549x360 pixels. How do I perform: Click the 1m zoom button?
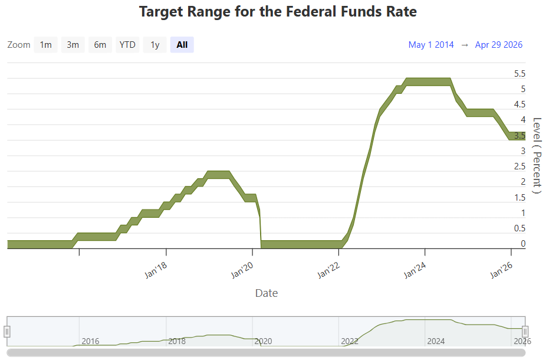click(x=45, y=45)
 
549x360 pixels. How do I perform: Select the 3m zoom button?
click(x=73, y=45)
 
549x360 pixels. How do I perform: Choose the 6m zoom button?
click(x=100, y=45)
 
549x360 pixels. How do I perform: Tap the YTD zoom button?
click(x=127, y=45)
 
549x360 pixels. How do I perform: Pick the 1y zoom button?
click(x=154, y=45)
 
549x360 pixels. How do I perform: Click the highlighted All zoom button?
click(x=182, y=45)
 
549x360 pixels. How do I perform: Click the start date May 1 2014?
click(x=431, y=45)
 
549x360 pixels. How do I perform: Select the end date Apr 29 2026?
click(x=499, y=45)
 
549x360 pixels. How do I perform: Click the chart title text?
click(x=278, y=12)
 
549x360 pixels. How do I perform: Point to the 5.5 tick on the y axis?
click(x=520, y=74)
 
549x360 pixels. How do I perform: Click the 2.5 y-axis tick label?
click(x=520, y=166)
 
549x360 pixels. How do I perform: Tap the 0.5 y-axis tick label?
click(x=520, y=228)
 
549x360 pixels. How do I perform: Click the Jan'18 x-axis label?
click(x=156, y=270)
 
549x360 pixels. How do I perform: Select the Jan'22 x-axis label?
click(x=328, y=270)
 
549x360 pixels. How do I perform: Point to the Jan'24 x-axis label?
click(x=415, y=270)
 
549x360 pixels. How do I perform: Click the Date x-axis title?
click(x=267, y=293)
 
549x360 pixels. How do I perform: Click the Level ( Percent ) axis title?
click(x=537, y=156)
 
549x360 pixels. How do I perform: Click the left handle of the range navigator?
click(x=7, y=331)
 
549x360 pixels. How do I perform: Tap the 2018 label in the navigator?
click(x=177, y=341)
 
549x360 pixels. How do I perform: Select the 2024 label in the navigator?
click(x=436, y=341)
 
